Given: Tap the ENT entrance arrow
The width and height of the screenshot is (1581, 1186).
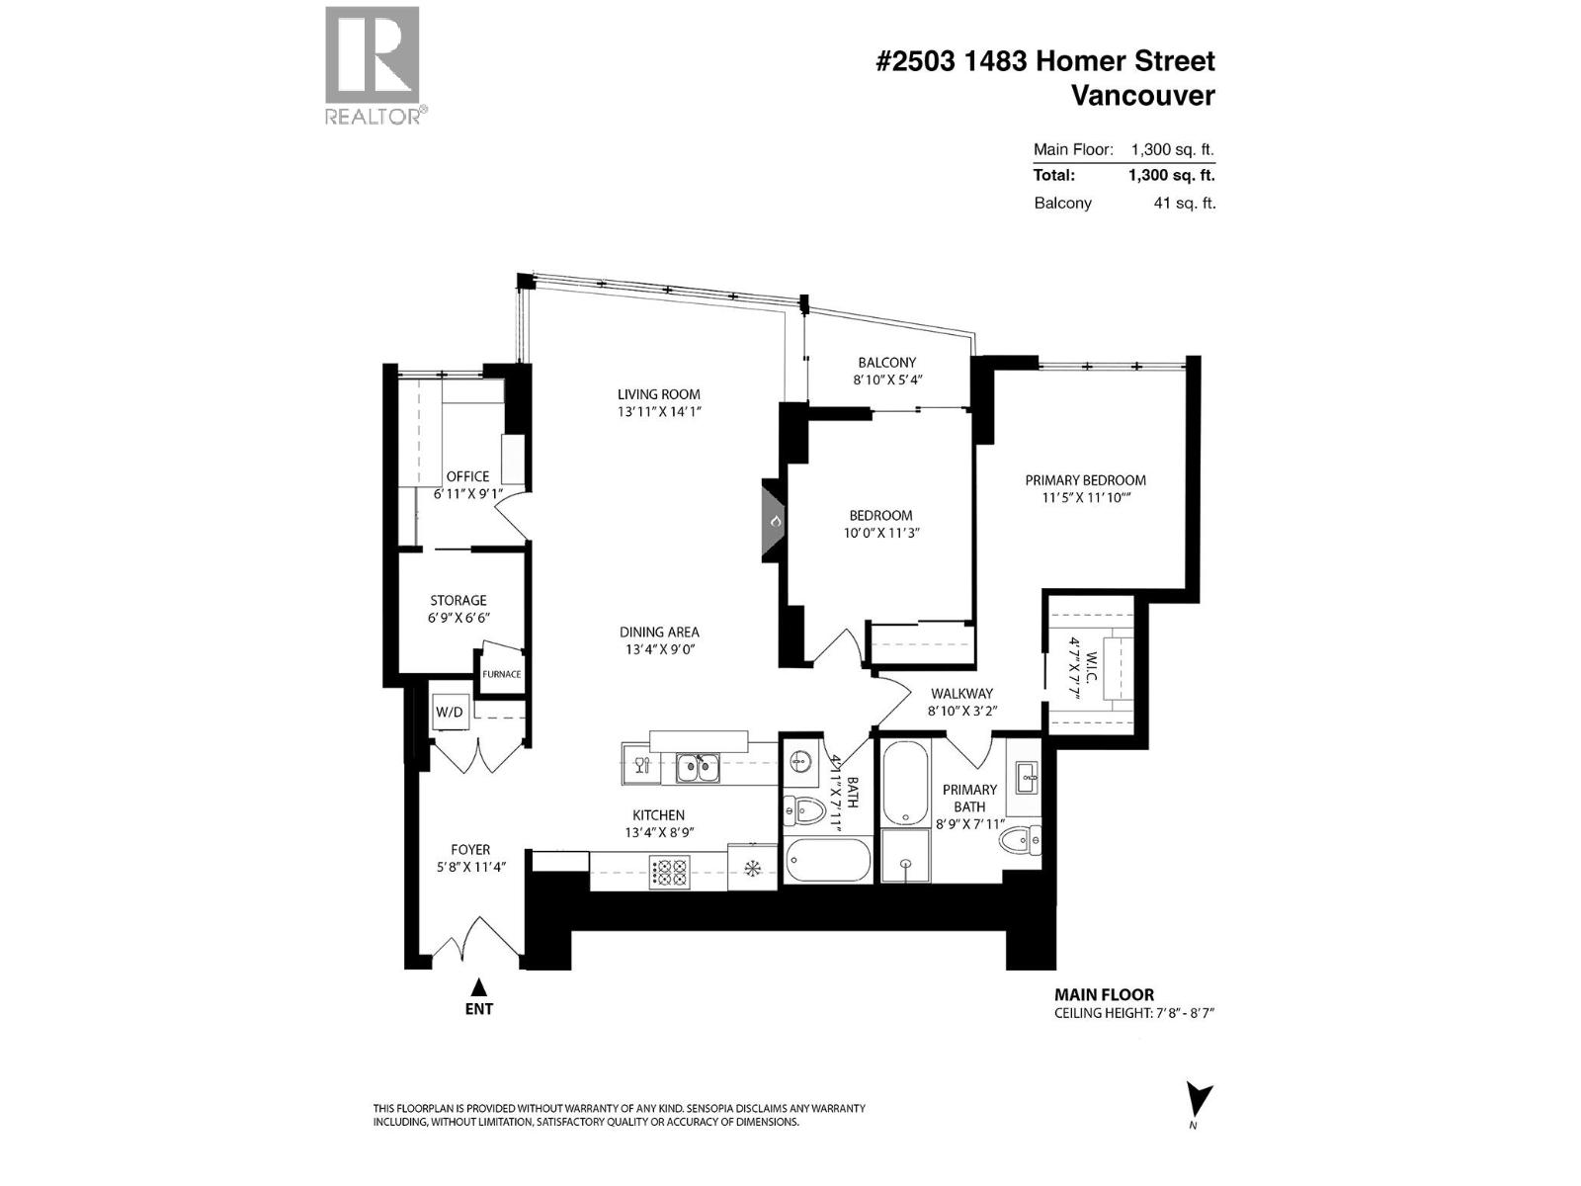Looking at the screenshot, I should (x=479, y=986).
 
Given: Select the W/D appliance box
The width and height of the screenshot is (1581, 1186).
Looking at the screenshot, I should (x=450, y=712).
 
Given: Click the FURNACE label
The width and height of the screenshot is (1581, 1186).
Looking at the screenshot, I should (x=501, y=674).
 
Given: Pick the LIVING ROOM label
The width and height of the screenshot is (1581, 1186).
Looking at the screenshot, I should (x=658, y=394).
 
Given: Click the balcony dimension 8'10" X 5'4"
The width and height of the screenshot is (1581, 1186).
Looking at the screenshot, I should (x=887, y=380).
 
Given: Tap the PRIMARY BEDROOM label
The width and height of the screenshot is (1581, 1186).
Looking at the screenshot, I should (x=1085, y=480).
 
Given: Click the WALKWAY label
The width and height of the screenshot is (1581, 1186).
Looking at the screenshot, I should (x=960, y=694).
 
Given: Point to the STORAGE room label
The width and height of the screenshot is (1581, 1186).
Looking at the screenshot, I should (x=458, y=600).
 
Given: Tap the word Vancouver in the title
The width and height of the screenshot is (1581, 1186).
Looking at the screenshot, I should (x=1142, y=96).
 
